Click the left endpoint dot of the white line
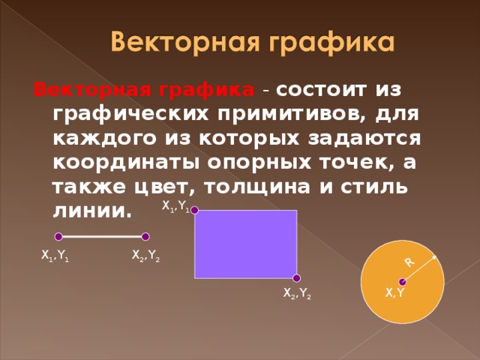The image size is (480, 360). [58, 237]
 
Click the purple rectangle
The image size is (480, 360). [245, 244]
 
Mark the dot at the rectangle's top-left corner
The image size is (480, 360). [194, 211]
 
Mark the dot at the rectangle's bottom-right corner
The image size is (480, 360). [297, 278]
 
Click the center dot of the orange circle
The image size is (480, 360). [403, 282]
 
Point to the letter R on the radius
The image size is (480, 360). [409, 262]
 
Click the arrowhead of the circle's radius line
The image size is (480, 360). [434, 256]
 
